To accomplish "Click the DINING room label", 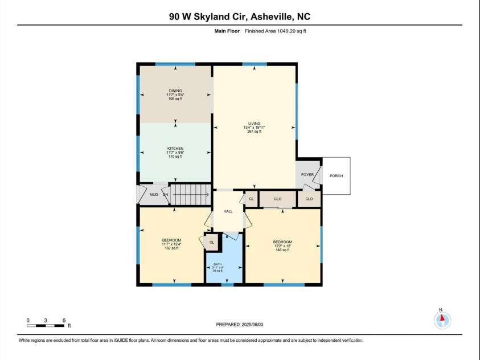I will (175, 90).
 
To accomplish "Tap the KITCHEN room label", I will (175, 148).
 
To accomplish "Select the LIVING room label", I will (254, 123).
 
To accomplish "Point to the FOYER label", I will (307, 175).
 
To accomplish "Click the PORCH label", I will (336, 176).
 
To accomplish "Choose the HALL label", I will (228, 211).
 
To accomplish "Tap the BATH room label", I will (218, 264).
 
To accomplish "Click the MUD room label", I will (153, 195).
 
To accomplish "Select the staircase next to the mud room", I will (190, 194).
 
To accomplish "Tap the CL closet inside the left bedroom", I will (212, 242).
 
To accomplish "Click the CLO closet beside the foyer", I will (309, 199).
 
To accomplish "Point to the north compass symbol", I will (442, 320).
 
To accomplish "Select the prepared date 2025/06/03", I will (240, 324).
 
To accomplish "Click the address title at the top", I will (240, 17).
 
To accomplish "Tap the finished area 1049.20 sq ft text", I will (276, 31).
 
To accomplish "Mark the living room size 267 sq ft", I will (254, 132).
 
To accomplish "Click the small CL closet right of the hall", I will (251, 199).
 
